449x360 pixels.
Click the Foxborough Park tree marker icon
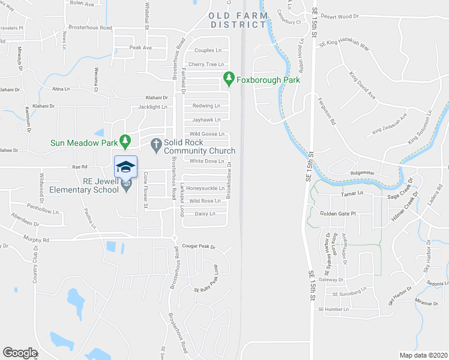coord(228,78)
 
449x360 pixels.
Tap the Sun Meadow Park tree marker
coord(125,142)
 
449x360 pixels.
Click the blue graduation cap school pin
coord(125,167)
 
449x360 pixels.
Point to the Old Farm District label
coord(238,20)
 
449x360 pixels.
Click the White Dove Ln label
coord(206,161)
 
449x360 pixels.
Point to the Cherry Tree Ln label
coord(206,64)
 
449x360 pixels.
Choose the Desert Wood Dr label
coord(340,17)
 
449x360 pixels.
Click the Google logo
coord(20,353)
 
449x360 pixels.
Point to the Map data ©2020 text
coord(423,355)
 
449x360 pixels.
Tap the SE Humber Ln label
coord(333,309)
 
